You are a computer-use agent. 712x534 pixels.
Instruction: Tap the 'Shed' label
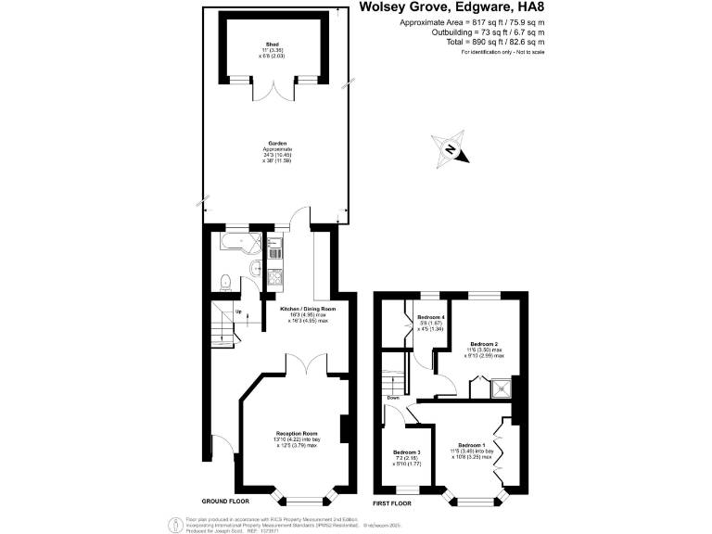tap(272, 44)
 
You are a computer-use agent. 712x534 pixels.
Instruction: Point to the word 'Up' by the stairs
tap(237, 311)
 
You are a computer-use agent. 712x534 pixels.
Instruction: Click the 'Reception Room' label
tap(297, 434)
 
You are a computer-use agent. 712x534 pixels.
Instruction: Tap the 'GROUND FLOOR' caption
tap(226, 500)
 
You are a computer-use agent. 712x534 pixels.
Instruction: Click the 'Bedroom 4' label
tap(430, 317)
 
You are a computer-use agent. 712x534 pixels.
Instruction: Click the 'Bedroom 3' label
tap(406, 451)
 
